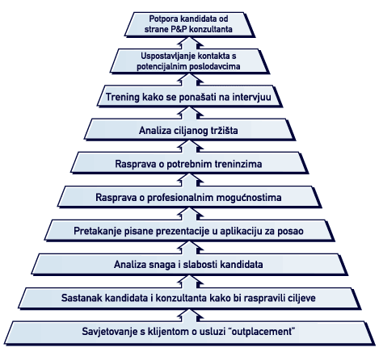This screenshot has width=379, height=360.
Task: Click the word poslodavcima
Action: pos(215,66)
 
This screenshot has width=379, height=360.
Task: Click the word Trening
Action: pos(122,97)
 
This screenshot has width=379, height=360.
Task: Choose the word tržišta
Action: pos(222,131)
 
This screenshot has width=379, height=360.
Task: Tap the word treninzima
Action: pos(238,164)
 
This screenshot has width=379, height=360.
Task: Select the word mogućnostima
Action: pos(249,198)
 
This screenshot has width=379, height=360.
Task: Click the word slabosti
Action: pos(200,265)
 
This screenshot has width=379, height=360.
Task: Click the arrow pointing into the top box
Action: pos(190,43)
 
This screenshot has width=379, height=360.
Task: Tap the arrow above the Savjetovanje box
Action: pos(190,315)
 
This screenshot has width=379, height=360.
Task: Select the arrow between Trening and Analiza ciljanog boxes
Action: pos(190,113)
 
